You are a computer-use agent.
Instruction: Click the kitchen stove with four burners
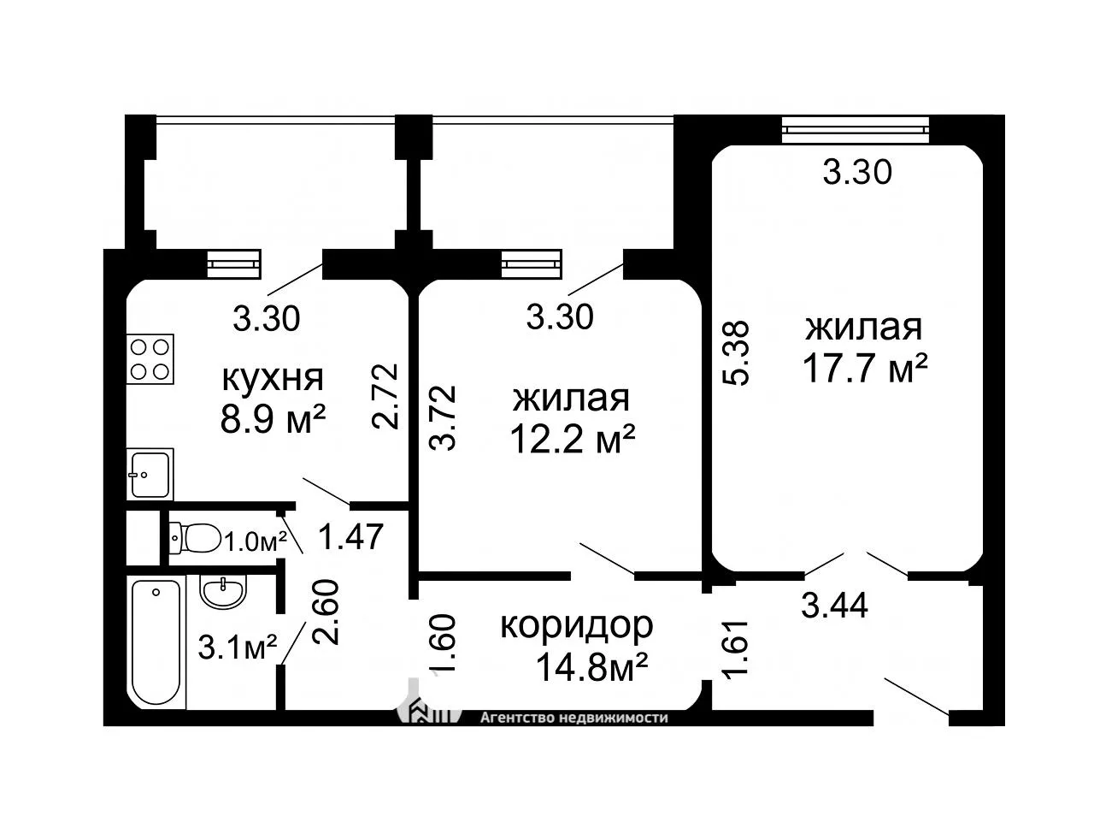(150, 358)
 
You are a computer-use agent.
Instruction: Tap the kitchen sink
(150, 474)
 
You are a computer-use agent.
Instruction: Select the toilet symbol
(195, 538)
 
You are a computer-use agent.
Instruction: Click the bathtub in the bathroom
(156, 642)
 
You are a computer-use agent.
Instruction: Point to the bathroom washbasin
(223, 592)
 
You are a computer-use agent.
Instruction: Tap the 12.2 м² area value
(573, 440)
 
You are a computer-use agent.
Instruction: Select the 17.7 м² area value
(865, 368)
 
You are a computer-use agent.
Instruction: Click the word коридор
(577, 626)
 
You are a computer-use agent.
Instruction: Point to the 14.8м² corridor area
(591, 668)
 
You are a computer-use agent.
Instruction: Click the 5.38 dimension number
(736, 352)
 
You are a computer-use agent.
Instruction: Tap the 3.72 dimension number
(443, 418)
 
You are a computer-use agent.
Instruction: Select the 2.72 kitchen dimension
(385, 396)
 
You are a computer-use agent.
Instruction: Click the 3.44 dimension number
(834, 605)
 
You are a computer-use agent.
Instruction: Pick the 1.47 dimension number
(351, 535)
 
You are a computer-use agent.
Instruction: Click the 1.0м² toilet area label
(256, 541)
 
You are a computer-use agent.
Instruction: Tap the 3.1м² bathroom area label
(238, 648)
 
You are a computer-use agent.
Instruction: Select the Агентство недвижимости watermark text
(573, 719)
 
